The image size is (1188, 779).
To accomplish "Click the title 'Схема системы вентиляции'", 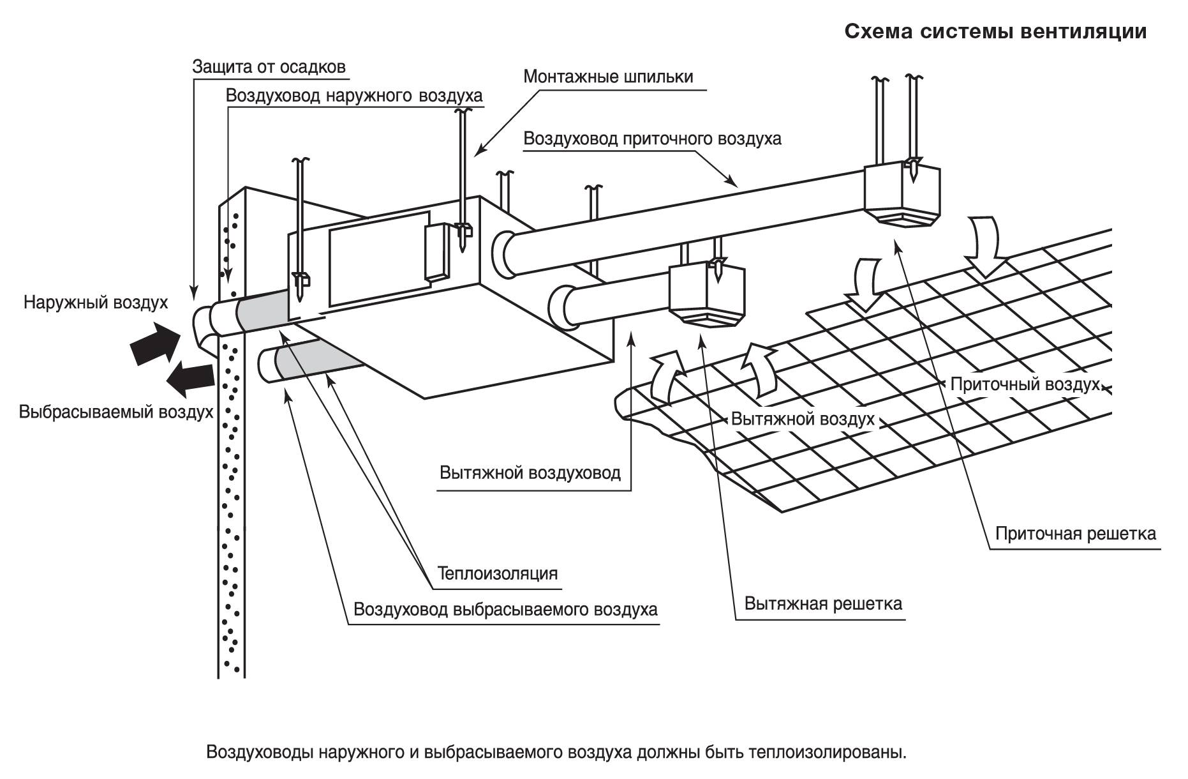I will (995, 32).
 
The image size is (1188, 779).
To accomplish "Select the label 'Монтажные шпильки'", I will (608, 77).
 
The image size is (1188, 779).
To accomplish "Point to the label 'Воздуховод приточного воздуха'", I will (652, 139).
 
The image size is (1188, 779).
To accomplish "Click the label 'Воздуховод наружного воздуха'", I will (354, 96).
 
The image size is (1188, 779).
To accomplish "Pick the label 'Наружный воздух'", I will (96, 302).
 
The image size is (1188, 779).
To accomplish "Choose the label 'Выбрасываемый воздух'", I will (115, 412).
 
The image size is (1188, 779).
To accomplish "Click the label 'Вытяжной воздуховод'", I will (530, 473).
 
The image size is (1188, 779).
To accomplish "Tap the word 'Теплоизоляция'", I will (498, 573).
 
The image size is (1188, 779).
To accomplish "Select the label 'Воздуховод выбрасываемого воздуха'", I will (505, 609).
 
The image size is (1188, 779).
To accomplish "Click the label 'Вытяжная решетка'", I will (823, 603).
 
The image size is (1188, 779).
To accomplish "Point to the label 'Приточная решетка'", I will (1075, 533).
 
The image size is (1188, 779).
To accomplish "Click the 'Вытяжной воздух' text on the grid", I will (802, 420).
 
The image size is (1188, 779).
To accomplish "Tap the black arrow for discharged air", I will (189, 377).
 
